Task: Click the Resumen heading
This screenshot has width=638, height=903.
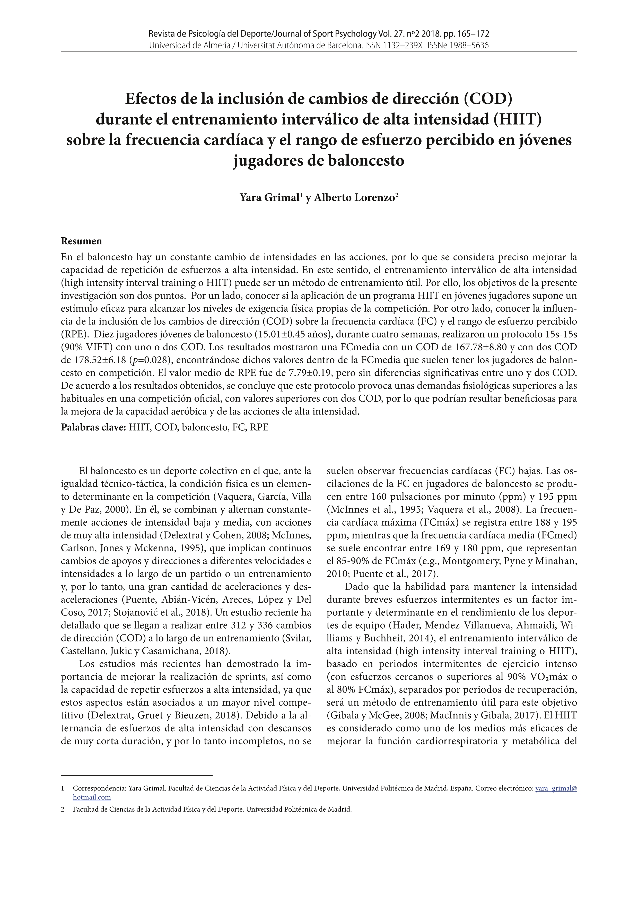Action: click(x=81, y=241)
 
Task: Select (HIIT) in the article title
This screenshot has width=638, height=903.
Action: click(x=517, y=119)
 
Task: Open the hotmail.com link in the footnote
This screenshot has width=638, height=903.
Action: click(x=92, y=797)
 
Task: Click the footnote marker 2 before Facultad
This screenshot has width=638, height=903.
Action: click(x=63, y=809)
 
